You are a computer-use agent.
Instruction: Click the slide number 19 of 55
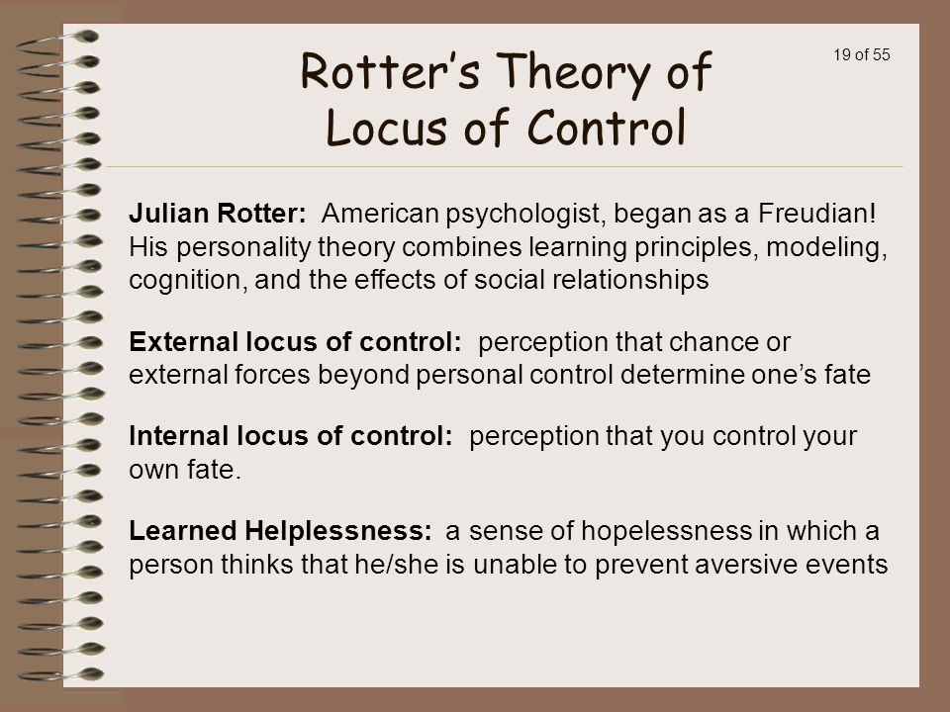point(862,54)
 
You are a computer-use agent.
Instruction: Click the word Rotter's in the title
point(390,71)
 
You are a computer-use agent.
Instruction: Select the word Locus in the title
point(387,128)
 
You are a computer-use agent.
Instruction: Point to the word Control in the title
point(606,128)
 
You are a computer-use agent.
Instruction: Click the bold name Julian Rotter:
point(218,214)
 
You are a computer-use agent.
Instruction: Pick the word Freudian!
point(816,214)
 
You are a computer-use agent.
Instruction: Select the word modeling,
point(826,247)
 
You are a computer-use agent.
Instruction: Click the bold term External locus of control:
point(295,342)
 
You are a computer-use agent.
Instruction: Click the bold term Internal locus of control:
point(291,436)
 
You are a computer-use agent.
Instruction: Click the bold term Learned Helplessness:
point(280,531)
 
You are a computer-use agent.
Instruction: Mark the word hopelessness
point(666,531)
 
